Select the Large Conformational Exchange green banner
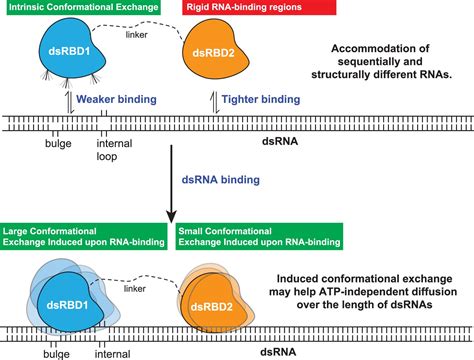point(83,235)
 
